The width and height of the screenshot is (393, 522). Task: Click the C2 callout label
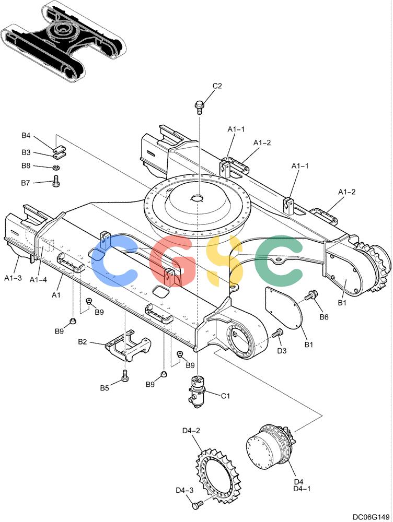click(x=217, y=86)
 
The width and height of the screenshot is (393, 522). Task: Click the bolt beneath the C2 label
click(x=199, y=107)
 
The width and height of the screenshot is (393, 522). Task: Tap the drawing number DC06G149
click(x=371, y=517)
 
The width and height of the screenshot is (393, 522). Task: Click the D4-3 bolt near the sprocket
click(x=198, y=505)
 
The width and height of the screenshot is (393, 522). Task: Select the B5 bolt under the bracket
click(x=125, y=376)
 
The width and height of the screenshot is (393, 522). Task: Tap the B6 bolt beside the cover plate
click(x=310, y=295)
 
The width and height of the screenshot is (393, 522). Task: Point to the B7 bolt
click(x=56, y=181)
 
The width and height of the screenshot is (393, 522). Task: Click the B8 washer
click(x=56, y=167)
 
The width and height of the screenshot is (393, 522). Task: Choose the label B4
click(x=26, y=136)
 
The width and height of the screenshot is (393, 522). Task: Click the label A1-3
click(x=13, y=278)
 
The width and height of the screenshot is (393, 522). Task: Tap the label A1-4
click(x=38, y=280)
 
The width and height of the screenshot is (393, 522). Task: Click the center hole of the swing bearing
click(x=198, y=198)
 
